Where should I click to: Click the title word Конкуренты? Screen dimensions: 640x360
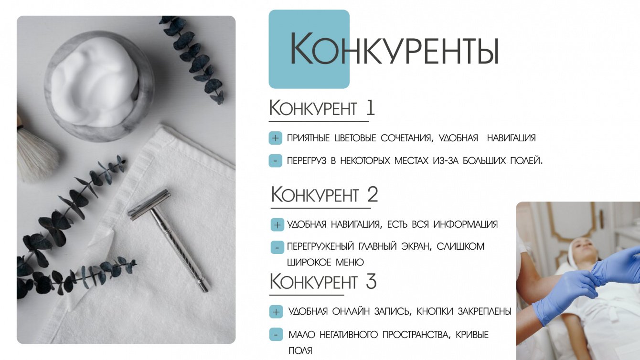tap(395, 49)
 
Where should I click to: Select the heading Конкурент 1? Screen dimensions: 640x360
tap(322, 108)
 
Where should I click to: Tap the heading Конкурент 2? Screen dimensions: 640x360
tap(324, 195)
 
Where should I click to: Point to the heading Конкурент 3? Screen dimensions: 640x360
tap(323, 281)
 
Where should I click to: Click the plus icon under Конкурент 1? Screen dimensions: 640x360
tap(276, 138)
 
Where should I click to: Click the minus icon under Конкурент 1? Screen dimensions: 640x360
tap(276, 160)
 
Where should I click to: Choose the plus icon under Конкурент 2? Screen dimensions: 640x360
tap(277, 225)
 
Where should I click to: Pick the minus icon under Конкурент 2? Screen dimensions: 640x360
tap(277, 247)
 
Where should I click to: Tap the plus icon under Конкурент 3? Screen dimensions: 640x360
tap(276, 312)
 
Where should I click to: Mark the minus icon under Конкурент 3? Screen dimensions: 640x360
tap(276, 334)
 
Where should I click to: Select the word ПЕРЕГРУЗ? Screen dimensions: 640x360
tap(306, 161)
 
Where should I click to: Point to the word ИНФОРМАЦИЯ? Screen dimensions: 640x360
tap(465, 224)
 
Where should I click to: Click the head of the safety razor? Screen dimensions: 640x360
tap(149, 204)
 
